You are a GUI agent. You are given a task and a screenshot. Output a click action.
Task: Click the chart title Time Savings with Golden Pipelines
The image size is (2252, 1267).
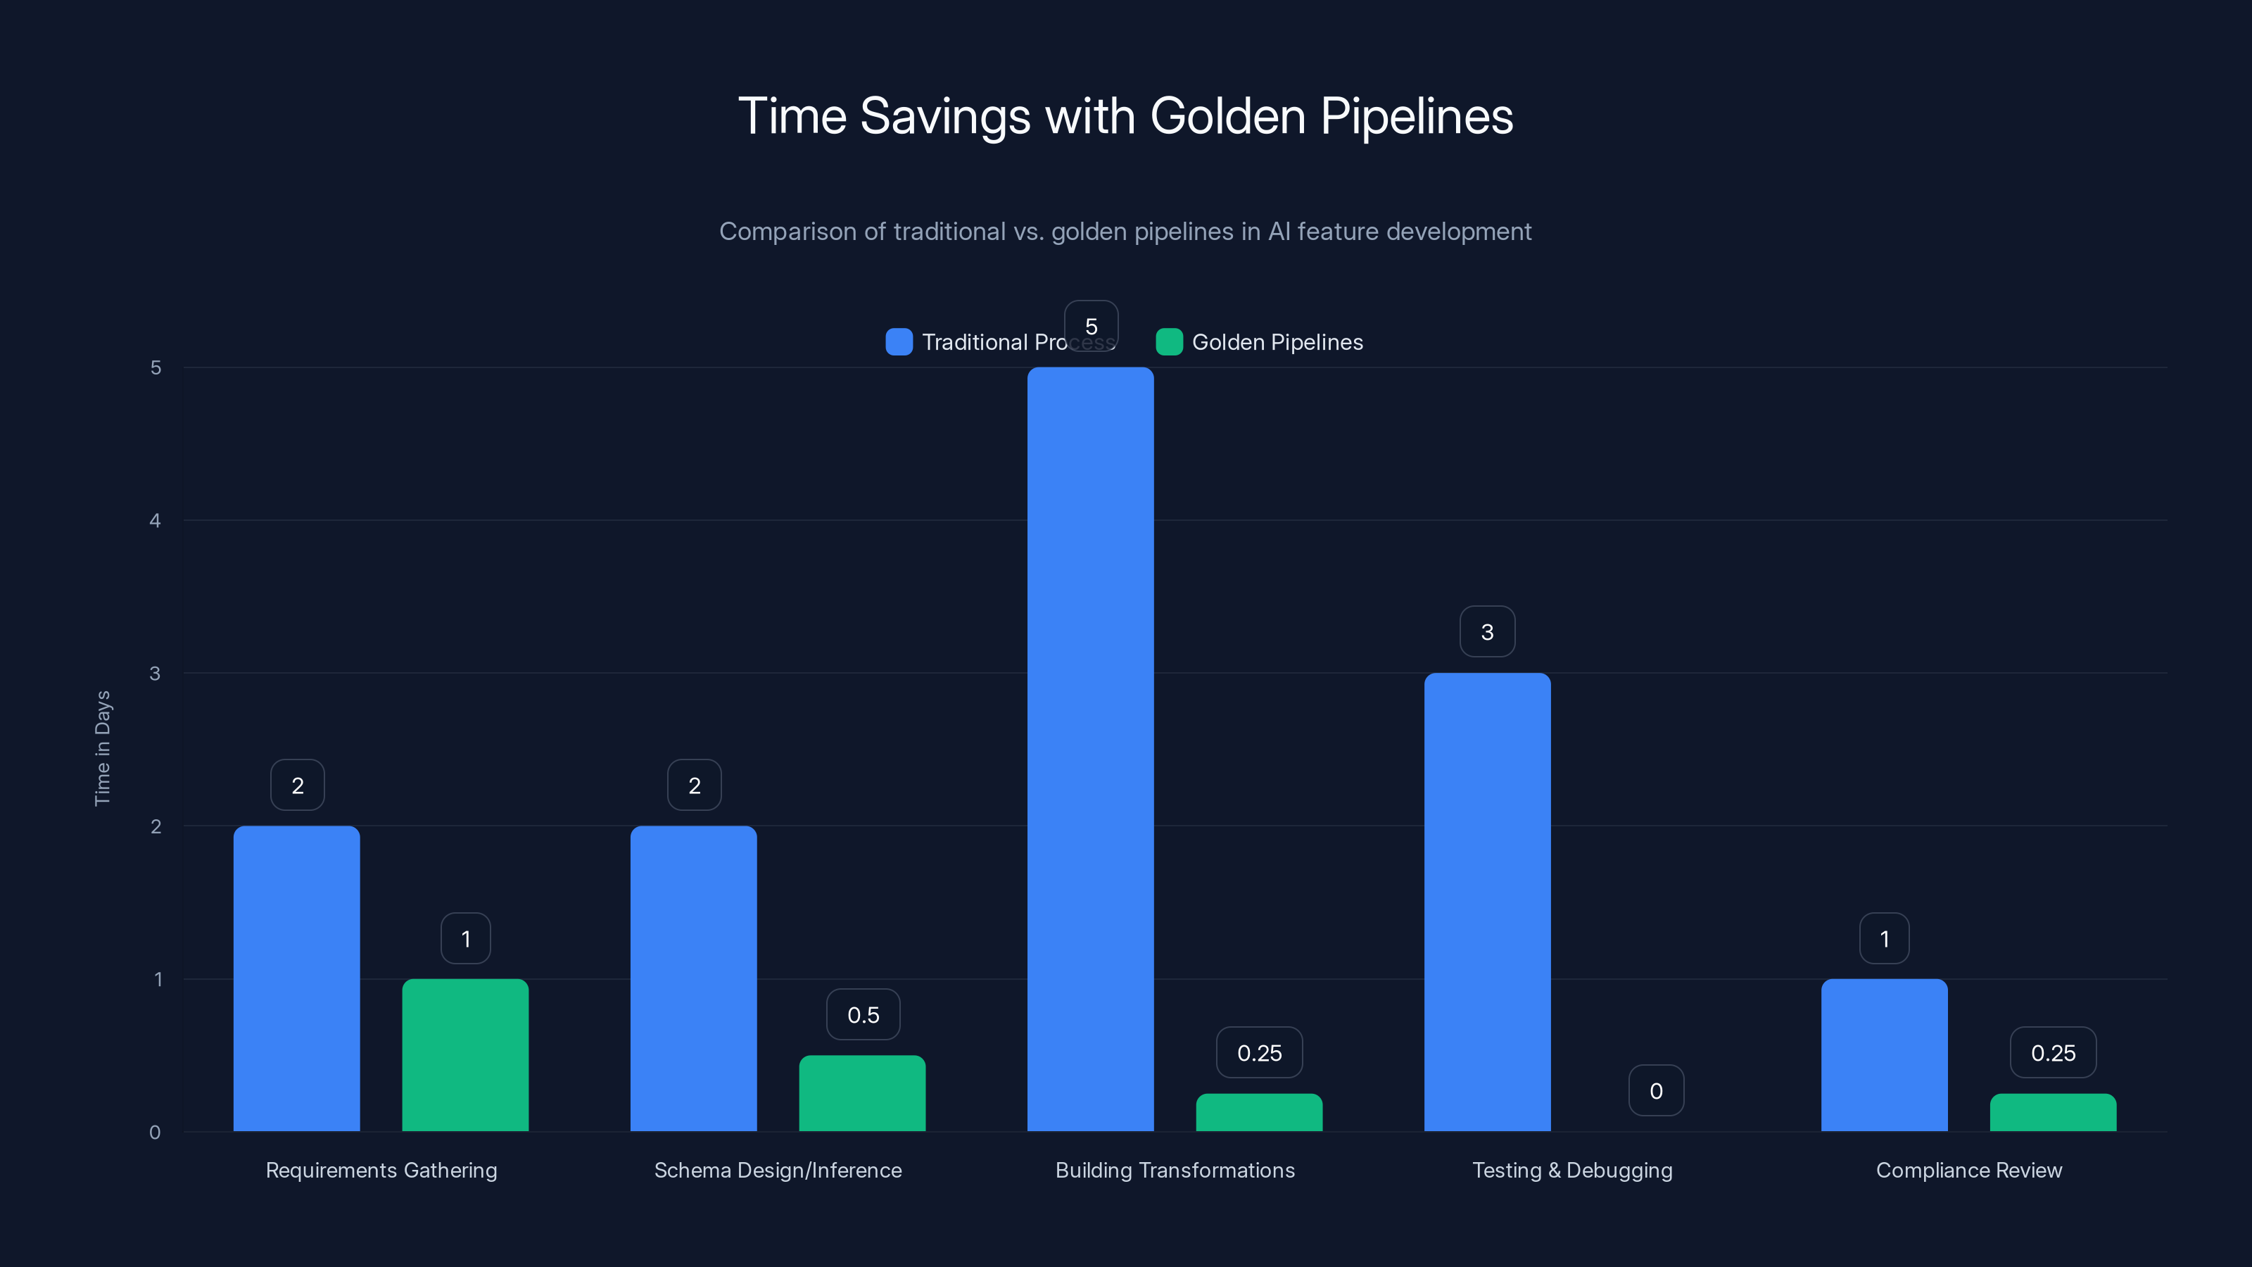[x=1125, y=116]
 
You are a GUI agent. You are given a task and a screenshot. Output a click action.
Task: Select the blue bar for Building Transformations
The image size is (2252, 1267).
[x=1090, y=750]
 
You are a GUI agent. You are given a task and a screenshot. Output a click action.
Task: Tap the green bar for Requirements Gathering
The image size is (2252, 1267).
[x=465, y=1054]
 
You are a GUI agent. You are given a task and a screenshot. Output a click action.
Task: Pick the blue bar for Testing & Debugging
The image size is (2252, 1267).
[x=1487, y=902]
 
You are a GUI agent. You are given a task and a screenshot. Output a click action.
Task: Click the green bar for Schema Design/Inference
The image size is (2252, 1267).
[x=862, y=1093]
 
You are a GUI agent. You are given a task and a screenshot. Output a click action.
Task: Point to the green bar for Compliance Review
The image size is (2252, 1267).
[x=2053, y=1112]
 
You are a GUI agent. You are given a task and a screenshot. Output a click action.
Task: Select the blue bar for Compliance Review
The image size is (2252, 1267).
[x=1884, y=1054]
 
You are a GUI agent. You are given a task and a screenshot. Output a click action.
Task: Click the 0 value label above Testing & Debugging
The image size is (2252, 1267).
[x=1656, y=1090]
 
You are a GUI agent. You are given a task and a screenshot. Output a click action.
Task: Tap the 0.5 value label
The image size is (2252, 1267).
[x=863, y=1014]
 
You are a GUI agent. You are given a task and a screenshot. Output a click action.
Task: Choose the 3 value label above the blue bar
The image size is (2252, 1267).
[x=1487, y=631]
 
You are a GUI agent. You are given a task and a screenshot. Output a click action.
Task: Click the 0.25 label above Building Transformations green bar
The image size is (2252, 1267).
[x=1259, y=1053]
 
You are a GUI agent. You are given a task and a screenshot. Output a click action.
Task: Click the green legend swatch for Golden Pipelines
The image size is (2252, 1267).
[x=1169, y=342]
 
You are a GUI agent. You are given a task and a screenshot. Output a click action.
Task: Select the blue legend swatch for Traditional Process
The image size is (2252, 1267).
[x=899, y=342]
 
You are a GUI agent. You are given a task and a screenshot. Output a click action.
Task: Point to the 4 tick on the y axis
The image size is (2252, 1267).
[x=156, y=520]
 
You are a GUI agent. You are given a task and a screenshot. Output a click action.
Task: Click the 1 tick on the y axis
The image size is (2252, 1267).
[x=158, y=978]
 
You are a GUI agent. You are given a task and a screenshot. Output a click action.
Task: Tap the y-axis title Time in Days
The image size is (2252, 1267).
[x=102, y=748]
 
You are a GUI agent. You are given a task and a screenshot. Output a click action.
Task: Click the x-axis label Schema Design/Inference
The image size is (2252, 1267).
[x=777, y=1170]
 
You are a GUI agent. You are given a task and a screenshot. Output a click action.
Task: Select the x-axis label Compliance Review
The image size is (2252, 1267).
[x=1969, y=1170]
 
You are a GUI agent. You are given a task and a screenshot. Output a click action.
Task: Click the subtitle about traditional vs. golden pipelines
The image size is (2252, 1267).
[x=1125, y=231]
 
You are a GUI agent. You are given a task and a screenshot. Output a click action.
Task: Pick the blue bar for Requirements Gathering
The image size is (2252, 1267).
[x=296, y=978]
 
